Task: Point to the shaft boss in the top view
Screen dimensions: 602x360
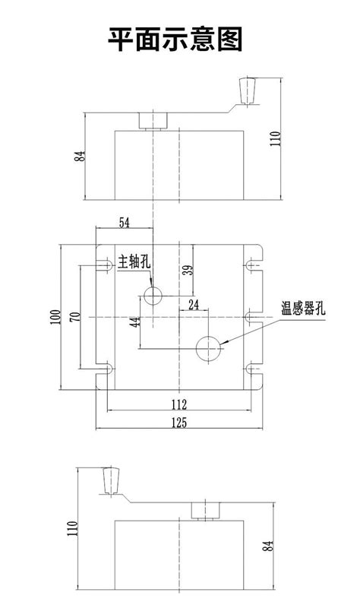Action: (x=153, y=120)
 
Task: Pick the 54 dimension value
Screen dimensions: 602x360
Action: (x=125, y=222)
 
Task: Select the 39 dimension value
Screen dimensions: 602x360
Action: (x=187, y=269)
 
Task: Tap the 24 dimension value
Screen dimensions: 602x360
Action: (x=193, y=305)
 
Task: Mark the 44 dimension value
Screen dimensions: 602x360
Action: (x=134, y=322)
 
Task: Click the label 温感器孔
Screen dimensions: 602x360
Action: (x=302, y=308)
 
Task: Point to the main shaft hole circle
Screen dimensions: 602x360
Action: (x=153, y=295)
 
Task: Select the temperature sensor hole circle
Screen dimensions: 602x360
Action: (x=207, y=348)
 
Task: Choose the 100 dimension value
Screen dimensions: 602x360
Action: (x=55, y=316)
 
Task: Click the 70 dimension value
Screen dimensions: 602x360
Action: (x=74, y=316)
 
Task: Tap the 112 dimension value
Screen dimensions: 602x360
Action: (x=178, y=404)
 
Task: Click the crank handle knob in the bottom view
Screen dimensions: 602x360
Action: (x=111, y=480)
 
